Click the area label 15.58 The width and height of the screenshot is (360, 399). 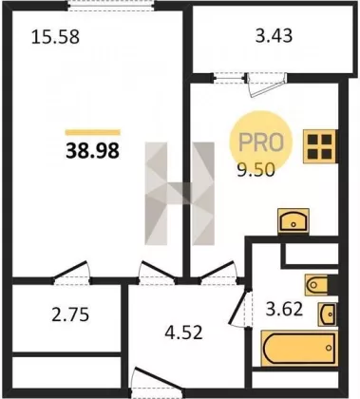55,36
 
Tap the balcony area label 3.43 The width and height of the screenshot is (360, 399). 274,35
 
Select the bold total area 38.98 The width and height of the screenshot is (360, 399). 93,150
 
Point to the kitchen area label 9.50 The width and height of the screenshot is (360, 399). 256,171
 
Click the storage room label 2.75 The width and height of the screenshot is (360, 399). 70,315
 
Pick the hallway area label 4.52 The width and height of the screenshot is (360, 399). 183,332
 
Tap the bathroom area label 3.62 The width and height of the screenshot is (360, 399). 284,310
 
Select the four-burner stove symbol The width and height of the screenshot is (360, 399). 320,146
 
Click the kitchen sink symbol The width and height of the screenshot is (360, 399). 294,220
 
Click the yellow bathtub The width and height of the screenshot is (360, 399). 299,348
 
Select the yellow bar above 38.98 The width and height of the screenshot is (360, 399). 93,132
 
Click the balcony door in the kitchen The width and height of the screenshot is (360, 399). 267,85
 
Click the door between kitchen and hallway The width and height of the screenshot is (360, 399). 219,273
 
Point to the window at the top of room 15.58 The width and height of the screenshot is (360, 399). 111,6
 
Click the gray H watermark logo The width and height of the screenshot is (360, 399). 180,194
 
